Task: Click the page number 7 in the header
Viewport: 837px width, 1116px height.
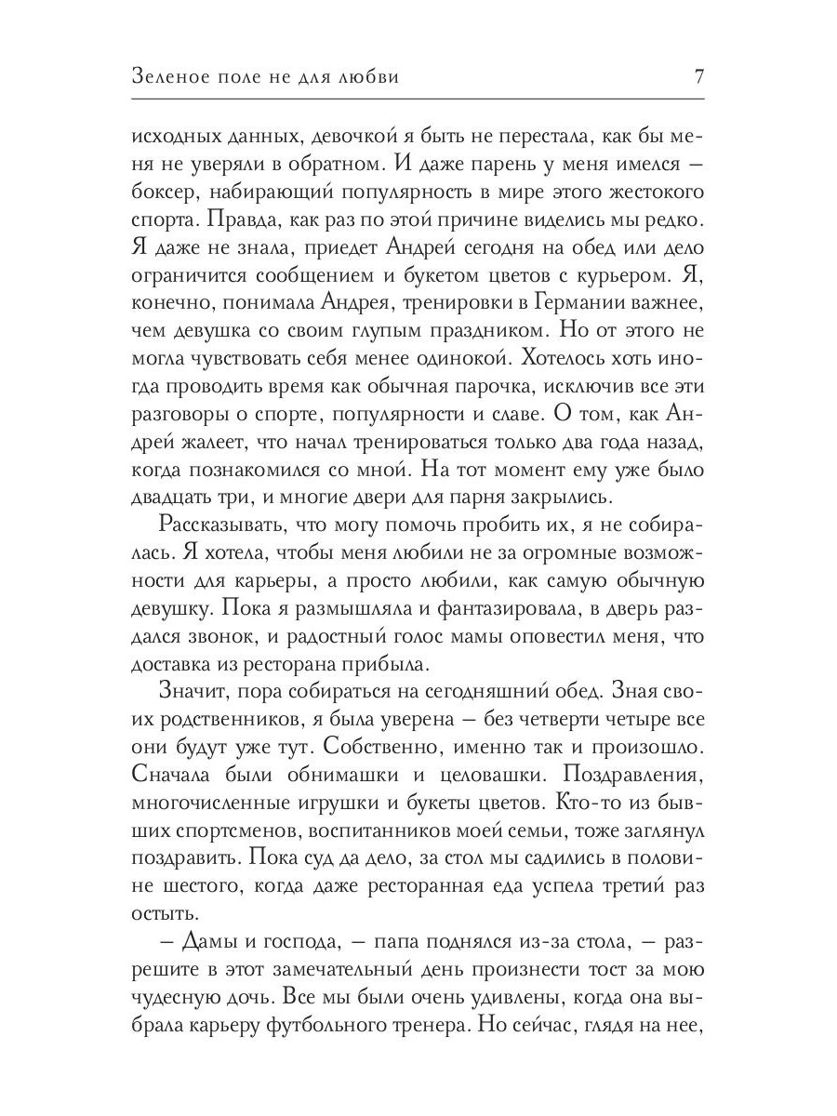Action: (x=698, y=76)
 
